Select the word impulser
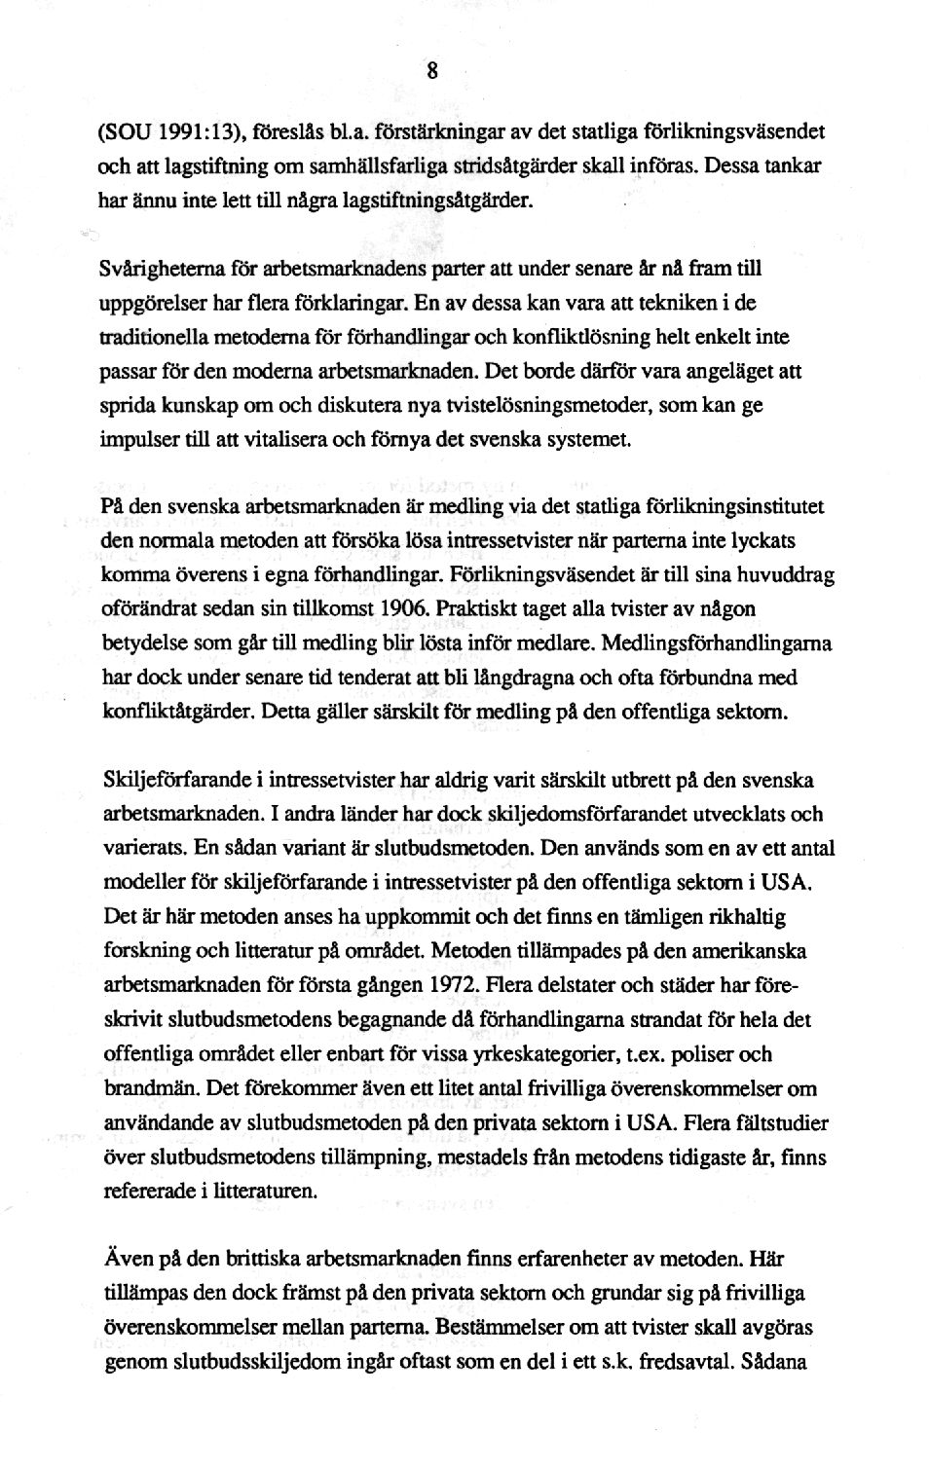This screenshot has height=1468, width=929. coord(136,439)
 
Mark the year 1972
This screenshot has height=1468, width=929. coord(452,985)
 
